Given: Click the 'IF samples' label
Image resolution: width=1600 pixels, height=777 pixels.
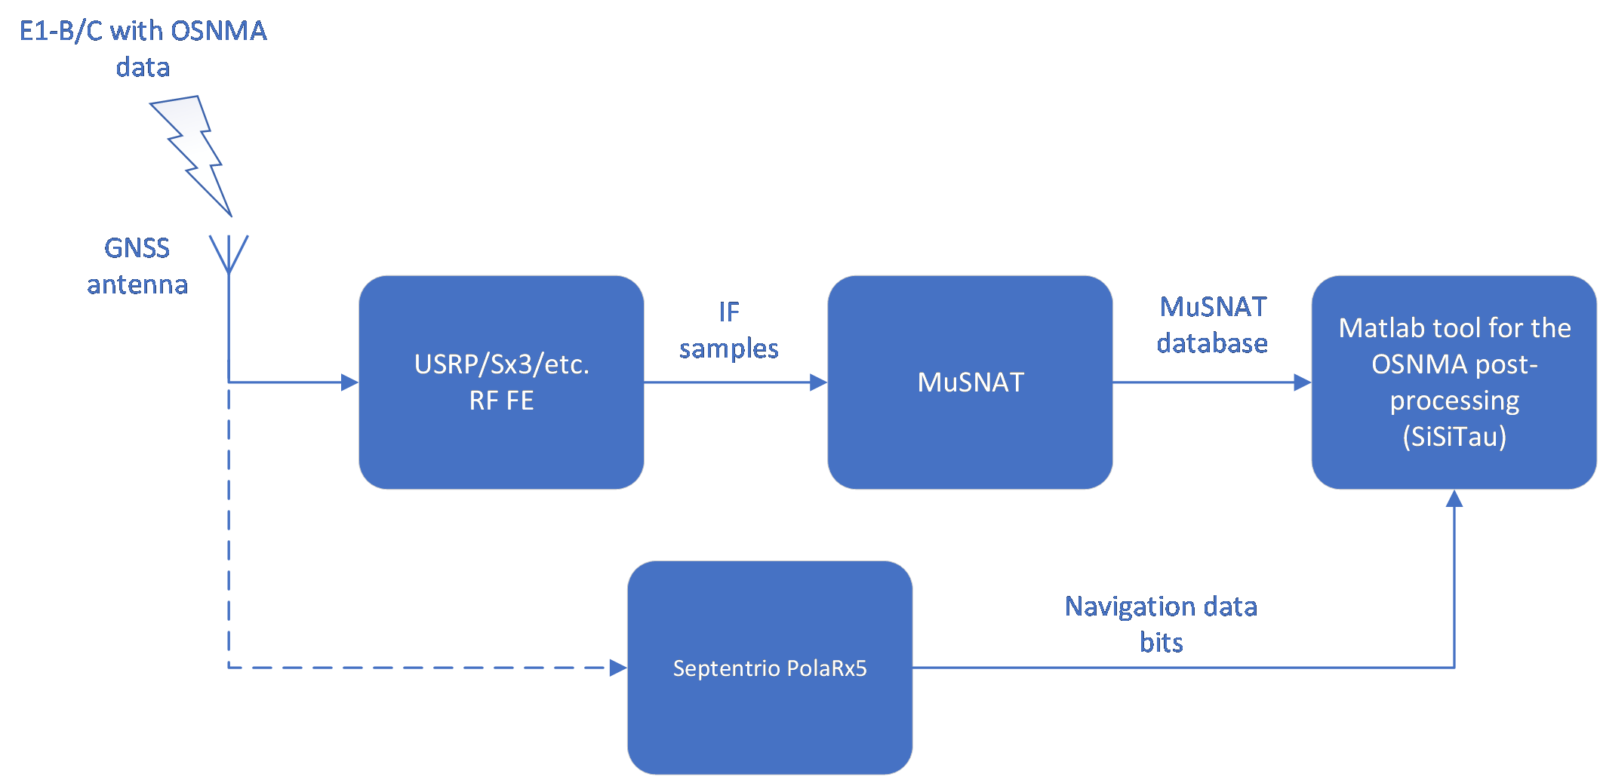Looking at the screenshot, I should click(728, 330).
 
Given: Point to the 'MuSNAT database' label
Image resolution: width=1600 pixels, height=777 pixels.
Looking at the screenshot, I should click(1212, 325).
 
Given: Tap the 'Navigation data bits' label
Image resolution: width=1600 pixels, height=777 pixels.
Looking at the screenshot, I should click(1161, 624).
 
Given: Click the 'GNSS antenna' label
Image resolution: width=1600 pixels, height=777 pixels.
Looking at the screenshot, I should click(137, 266).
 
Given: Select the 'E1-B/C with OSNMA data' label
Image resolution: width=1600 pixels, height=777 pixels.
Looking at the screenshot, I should click(143, 48).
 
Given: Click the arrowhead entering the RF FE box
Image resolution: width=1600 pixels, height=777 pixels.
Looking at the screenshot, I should click(350, 382).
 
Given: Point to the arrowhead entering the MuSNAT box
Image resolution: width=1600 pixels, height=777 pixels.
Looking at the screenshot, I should click(819, 382).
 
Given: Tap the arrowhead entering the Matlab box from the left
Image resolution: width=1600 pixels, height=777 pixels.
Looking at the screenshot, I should click(1303, 382).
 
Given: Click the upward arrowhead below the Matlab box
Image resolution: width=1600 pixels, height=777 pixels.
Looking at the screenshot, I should click(1454, 499).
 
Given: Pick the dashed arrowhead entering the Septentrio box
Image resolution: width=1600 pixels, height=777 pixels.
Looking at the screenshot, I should click(618, 668).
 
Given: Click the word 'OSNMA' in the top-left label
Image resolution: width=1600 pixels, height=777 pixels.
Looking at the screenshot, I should click(219, 31).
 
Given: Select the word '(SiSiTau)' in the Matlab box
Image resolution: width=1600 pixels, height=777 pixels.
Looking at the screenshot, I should click(1454, 437).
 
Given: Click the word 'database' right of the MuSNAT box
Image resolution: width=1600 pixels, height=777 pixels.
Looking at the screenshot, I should click(1212, 343).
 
